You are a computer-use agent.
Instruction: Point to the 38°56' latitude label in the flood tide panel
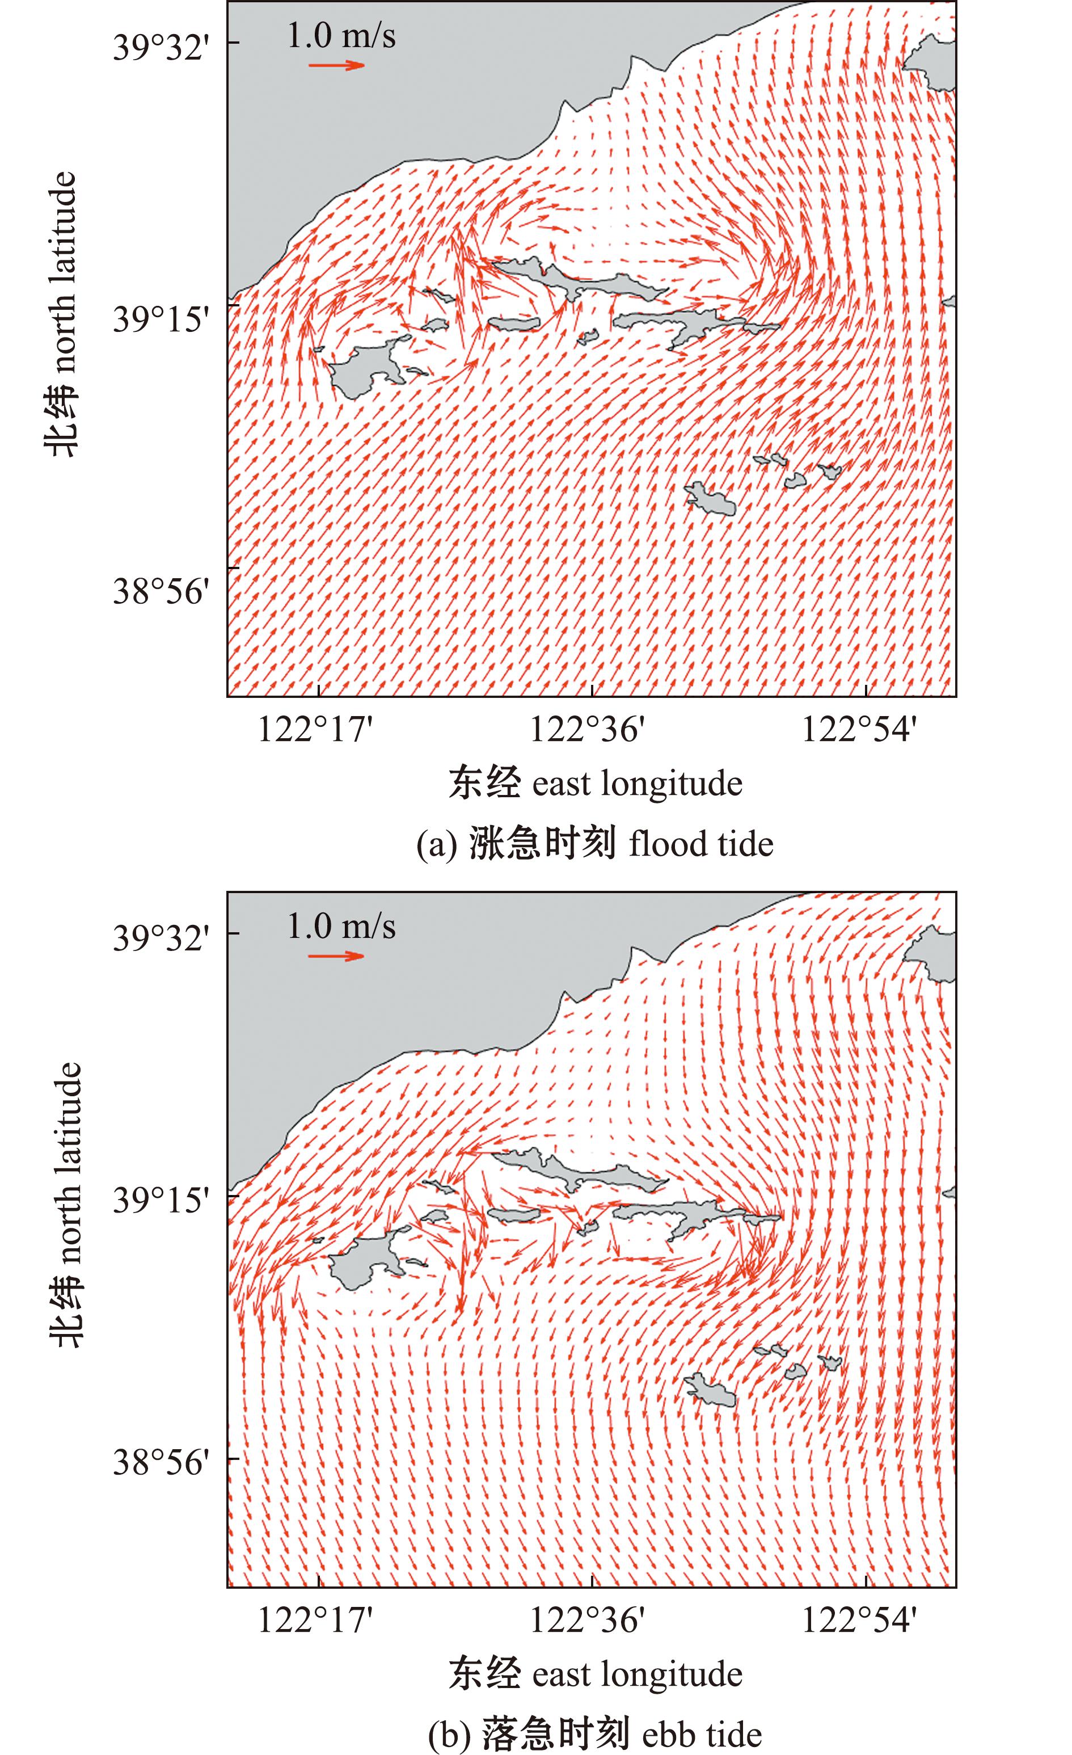(x=162, y=591)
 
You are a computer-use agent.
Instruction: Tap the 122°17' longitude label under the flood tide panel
(x=315, y=729)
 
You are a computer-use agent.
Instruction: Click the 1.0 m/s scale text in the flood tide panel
(x=341, y=36)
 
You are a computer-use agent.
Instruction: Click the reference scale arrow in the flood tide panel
(x=336, y=65)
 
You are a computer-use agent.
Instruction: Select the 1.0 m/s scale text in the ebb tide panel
(x=341, y=926)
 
